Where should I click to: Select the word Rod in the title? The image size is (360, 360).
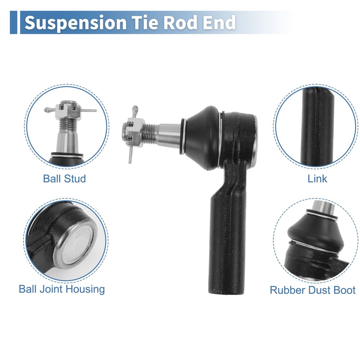pyautogui.click(x=180, y=22)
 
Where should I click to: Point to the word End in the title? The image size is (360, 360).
pyautogui.click(x=219, y=22)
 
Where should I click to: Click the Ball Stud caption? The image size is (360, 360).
pyautogui.click(x=64, y=179)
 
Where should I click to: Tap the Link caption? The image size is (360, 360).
pyautogui.click(x=317, y=179)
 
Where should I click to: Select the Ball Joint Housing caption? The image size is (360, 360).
pyautogui.click(x=62, y=289)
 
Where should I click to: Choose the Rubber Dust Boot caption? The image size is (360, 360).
pyautogui.click(x=313, y=290)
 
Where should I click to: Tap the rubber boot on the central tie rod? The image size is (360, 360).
pyautogui.click(x=202, y=138)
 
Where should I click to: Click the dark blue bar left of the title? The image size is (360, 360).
pyautogui.click(x=13, y=22)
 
